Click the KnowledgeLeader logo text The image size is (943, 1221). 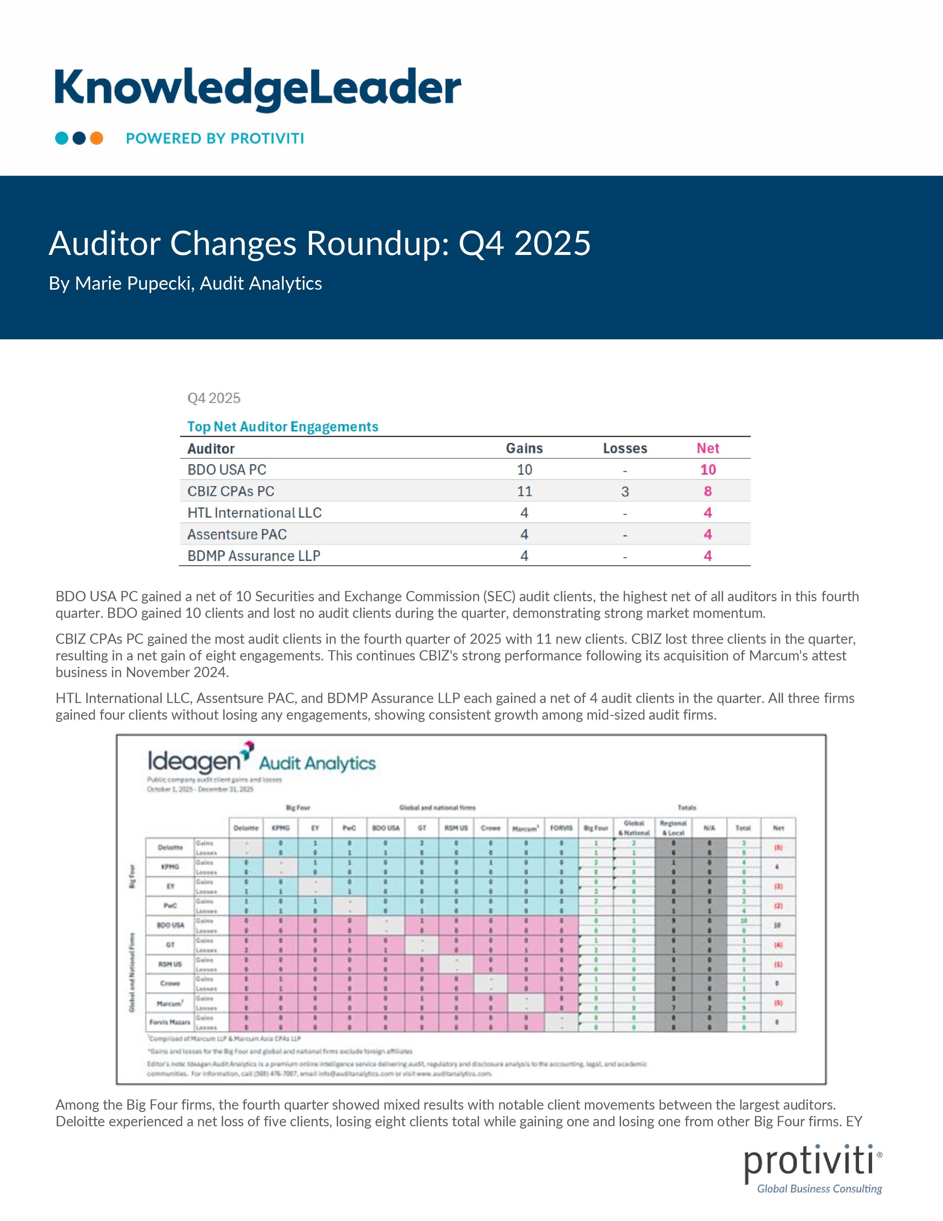point(257,88)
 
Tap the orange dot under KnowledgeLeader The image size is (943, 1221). point(97,138)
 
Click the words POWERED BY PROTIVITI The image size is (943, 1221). point(214,139)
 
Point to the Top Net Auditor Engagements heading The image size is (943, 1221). point(283,427)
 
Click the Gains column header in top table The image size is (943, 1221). point(524,448)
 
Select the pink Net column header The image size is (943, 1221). point(707,448)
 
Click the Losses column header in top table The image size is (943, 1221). point(625,448)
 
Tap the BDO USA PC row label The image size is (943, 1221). point(227,470)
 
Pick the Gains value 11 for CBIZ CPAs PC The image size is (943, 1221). point(524,491)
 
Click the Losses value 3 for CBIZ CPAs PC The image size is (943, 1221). point(625,491)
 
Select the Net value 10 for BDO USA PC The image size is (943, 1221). point(708,470)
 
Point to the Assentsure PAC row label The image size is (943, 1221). point(237,535)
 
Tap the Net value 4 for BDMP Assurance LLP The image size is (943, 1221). point(707,556)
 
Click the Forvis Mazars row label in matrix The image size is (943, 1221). point(170,1022)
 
